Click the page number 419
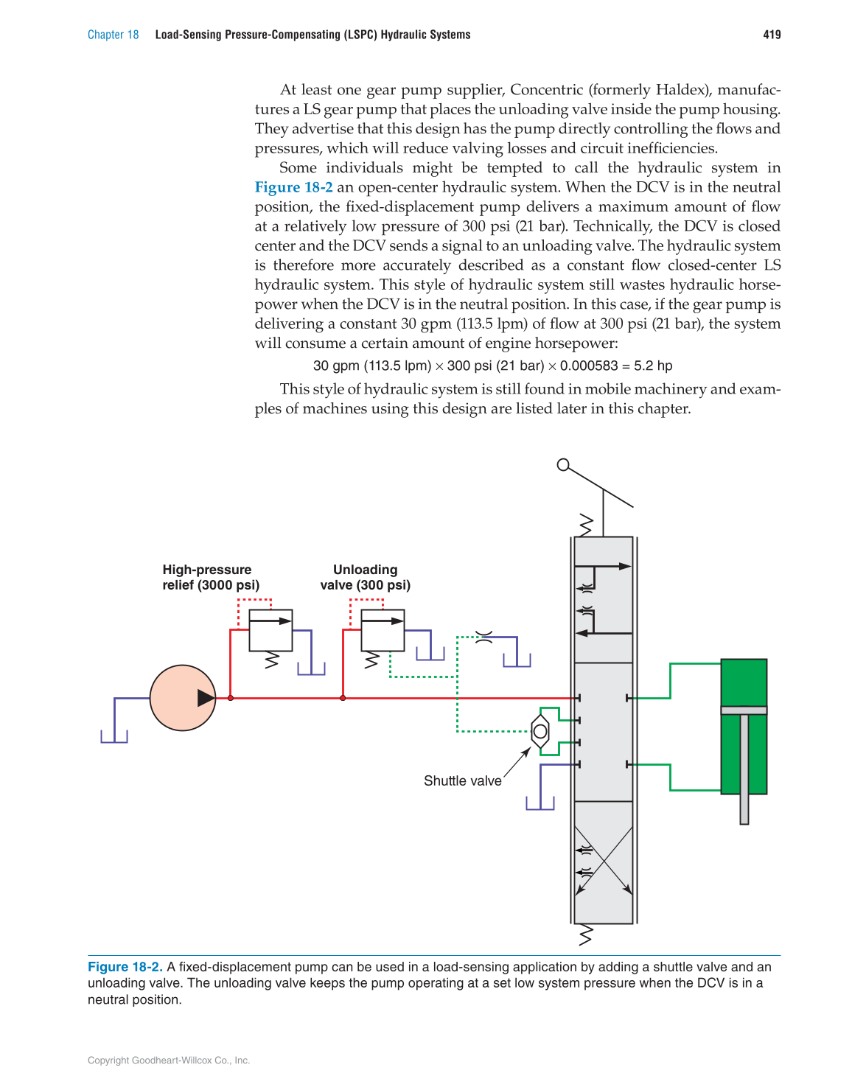[772, 35]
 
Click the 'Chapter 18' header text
[113, 35]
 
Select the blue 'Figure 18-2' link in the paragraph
[293, 187]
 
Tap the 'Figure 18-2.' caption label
[125, 967]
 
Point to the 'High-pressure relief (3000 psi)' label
[211, 577]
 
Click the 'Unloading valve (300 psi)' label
[365, 577]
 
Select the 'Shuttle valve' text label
[462, 780]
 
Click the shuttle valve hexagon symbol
[540, 731]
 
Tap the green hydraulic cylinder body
[744, 726]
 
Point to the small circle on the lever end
[563, 464]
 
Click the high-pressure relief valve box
[270, 630]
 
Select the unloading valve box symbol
[383, 630]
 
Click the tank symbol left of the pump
[114, 735]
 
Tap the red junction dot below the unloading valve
[343, 698]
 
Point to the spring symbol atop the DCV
[587, 525]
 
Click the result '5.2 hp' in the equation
[653, 366]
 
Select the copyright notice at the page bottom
[169, 1061]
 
